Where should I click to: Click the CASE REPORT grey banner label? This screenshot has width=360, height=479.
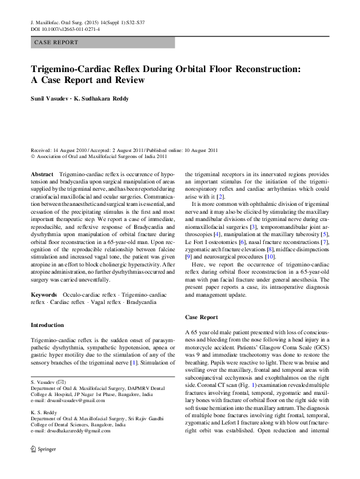[57, 43]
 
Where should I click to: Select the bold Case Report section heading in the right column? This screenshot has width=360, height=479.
[201, 317]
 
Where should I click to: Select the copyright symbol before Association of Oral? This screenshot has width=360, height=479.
[33, 156]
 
